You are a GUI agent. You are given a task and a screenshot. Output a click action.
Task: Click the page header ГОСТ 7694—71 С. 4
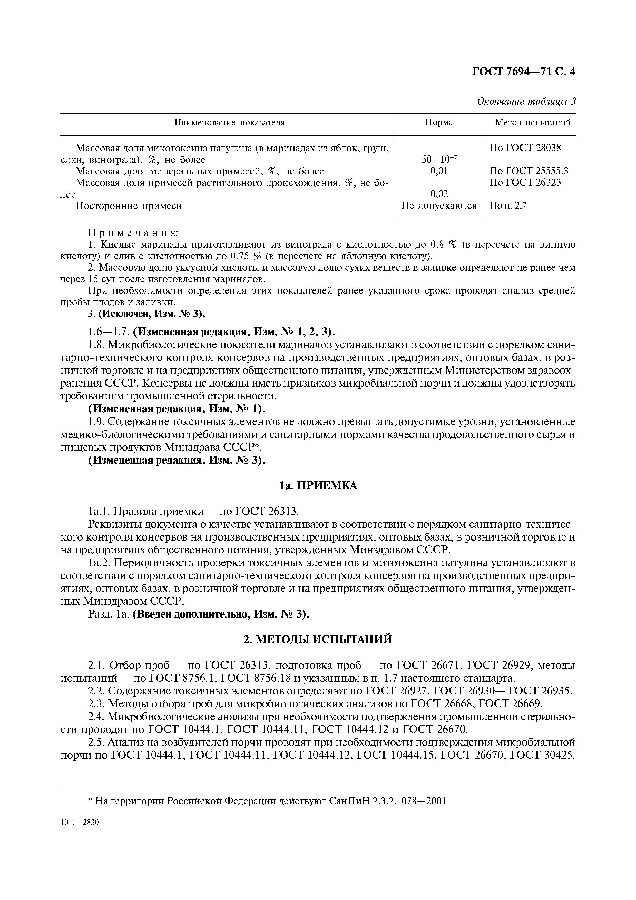(524, 72)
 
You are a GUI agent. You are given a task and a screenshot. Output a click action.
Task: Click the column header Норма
(439, 123)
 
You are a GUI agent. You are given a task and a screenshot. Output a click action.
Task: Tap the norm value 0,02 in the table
(439, 194)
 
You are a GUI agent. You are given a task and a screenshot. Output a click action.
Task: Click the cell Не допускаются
(439, 206)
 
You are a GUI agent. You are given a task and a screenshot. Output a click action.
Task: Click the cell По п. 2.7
(508, 206)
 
